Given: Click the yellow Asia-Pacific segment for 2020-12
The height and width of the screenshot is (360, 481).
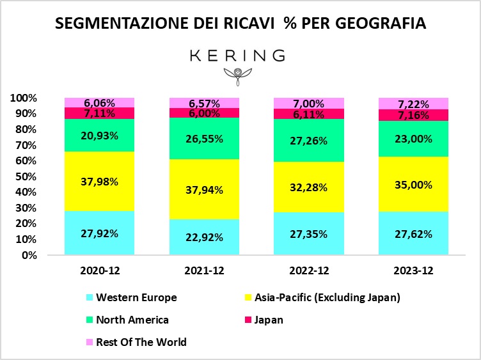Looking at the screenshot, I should coord(99,192).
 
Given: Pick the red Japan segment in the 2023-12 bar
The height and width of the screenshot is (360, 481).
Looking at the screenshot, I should coord(414,115).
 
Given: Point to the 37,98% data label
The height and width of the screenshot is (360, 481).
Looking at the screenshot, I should coord(99,181).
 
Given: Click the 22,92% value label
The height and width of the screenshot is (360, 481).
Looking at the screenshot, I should coord(204,237).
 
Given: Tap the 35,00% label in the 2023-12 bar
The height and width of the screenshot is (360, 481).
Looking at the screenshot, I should coord(414,185).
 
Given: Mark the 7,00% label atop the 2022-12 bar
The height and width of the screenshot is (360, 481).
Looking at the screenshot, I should coord(309,104).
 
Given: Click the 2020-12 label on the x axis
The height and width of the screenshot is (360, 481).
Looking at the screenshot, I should coord(99,270).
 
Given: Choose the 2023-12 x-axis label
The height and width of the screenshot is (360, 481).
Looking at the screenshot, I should coord(414,270).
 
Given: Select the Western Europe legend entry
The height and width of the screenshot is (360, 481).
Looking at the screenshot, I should coord(136,297).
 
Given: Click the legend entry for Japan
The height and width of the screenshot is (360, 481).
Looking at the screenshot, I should coord(269,320).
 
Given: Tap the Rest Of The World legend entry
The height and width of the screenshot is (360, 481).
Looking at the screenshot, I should coord(141,342).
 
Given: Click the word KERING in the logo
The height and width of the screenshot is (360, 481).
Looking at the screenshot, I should coord(237,56).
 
